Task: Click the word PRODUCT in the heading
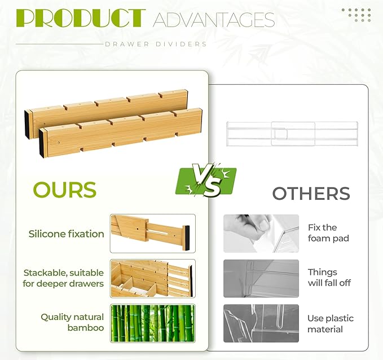click(81, 19)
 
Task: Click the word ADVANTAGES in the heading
click(214, 20)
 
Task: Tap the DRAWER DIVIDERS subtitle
click(156, 44)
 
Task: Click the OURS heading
click(65, 190)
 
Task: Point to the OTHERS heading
click(311, 194)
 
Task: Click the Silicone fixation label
click(67, 234)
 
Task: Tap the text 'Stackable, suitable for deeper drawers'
click(63, 278)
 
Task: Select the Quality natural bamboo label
click(72, 322)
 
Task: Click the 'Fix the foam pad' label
click(328, 233)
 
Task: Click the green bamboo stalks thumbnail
click(153, 323)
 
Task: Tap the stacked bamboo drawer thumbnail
click(153, 278)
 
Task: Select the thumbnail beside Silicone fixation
click(153, 233)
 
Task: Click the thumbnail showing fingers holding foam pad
click(261, 233)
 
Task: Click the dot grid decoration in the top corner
click(356, 15)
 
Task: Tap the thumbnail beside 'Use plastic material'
click(261, 323)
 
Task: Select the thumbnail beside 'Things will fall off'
click(261, 278)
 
